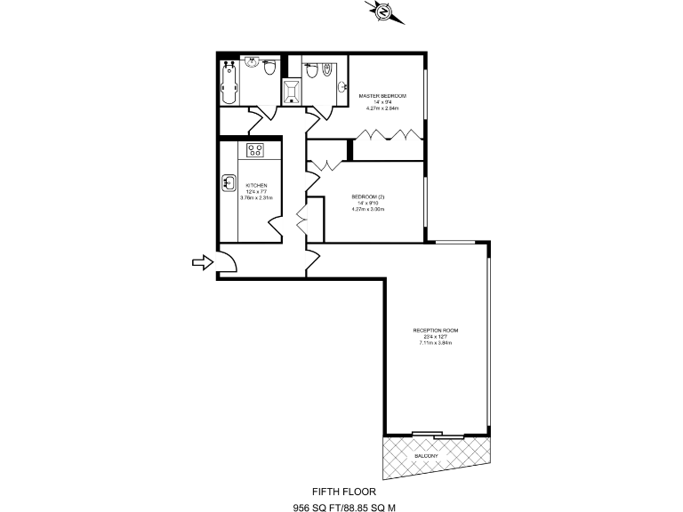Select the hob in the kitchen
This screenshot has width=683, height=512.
pyautogui.click(x=256, y=149)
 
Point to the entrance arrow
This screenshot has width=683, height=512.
pyautogui.click(x=201, y=261)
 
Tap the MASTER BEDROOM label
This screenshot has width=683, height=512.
pyautogui.click(x=382, y=95)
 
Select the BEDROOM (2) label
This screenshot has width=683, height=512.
pyautogui.click(x=367, y=196)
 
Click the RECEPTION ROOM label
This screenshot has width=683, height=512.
pyautogui.click(x=436, y=331)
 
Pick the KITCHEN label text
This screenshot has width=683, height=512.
pyautogui.click(x=256, y=186)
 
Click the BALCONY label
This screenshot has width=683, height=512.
pyautogui.click(x=426, y=456)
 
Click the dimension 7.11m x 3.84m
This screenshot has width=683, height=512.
pyautogui.click(x=436, y=343)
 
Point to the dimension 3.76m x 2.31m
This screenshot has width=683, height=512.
pyautogui.click(x=256, y=198)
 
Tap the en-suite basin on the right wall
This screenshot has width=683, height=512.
pyautogui.click(x=343, y=86)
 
